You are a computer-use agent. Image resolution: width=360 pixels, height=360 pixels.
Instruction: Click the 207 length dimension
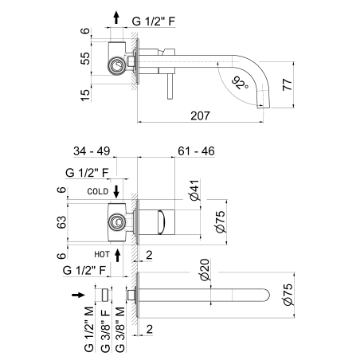tap(200, 115)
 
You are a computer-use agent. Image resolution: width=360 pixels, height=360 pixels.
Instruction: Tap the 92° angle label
tap(240, 83)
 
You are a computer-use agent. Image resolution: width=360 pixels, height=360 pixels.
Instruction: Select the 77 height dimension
tap(288, 84)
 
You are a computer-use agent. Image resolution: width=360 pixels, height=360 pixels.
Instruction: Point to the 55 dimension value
tap(85, 58)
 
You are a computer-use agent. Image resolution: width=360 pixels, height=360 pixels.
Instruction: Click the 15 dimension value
tap(85, 95)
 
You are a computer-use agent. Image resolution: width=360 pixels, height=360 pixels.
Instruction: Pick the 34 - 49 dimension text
tap(92, 151)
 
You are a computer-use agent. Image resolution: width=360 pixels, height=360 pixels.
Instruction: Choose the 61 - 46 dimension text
tap(196, 151)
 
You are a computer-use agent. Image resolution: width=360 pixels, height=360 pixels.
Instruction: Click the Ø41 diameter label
tap(194, 190)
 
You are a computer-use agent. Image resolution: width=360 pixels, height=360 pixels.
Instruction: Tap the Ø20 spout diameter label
tap(205, 270)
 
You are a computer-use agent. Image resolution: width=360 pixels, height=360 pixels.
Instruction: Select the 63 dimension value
tap(61, 222)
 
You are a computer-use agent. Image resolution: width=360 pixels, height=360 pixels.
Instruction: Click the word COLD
tap(98, 191)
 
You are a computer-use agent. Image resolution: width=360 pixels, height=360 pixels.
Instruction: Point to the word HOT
tap(102, 254)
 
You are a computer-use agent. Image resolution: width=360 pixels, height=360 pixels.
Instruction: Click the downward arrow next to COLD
tap(116, 192)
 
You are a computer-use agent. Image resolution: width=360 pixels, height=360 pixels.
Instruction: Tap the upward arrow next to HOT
tap(118, 255)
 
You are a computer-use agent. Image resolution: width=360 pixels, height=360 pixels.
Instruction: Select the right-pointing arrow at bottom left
tap(78, 295)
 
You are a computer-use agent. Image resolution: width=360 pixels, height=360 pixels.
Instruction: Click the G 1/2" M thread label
tap(89, 330)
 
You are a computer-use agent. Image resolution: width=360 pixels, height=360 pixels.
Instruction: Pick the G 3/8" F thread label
tap(105, 330)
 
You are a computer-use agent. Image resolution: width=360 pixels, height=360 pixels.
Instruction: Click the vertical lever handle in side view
tap(170, 86)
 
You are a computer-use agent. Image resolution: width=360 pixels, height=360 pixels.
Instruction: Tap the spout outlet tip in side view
tap(264, 106)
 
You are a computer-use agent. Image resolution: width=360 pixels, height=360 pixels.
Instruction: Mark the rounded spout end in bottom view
tap(266, 295)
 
